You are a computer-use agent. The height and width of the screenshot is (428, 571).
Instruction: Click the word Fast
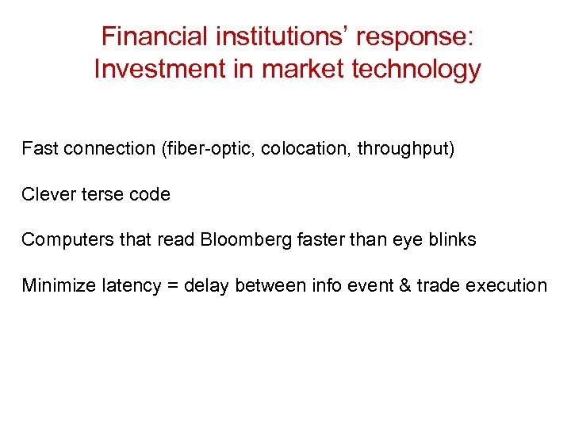(x=39, y=148)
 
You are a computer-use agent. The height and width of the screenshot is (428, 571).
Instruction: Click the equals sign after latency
(x=171, y=286)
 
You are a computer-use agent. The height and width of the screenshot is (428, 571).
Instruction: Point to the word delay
(x=205, y=286)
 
